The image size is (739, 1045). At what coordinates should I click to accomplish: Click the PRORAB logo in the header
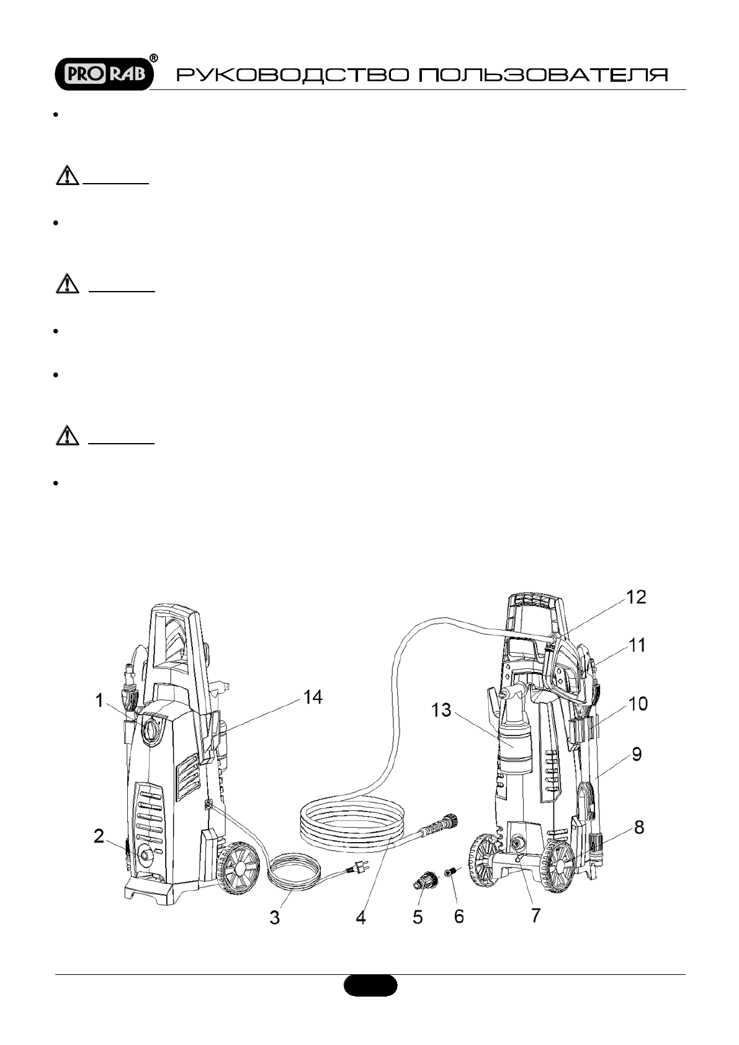click(104, 74)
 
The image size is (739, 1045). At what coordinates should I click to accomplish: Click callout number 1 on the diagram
click(99, 700)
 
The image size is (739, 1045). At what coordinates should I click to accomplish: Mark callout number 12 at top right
click(637, 597)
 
